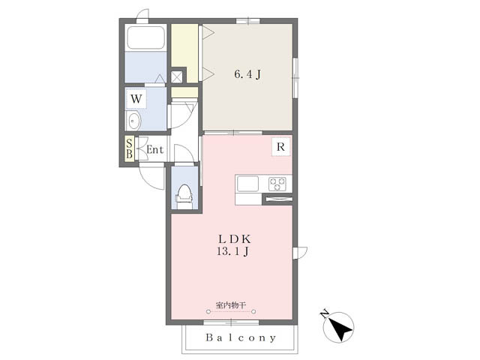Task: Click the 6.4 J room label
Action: point(247,74)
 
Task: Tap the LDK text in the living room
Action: point(235,238)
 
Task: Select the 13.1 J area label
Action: point(232,252)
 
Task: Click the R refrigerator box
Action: point(280,147)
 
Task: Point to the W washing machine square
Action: point(136,99)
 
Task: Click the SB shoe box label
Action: point(130,148)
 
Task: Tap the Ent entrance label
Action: point(155,150)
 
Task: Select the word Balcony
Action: point(241,337)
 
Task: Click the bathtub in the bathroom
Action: point(145,37)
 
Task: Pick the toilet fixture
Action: point(184,195)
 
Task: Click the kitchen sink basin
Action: point(247,184)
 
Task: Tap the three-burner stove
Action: point(277,184)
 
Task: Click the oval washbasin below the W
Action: point(133,121)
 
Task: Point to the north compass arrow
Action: point(340,329)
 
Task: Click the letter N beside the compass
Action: point(324,314)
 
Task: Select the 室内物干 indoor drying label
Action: point(231,305)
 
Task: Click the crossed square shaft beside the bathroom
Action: point(177,76)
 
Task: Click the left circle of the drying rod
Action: point(208,312)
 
